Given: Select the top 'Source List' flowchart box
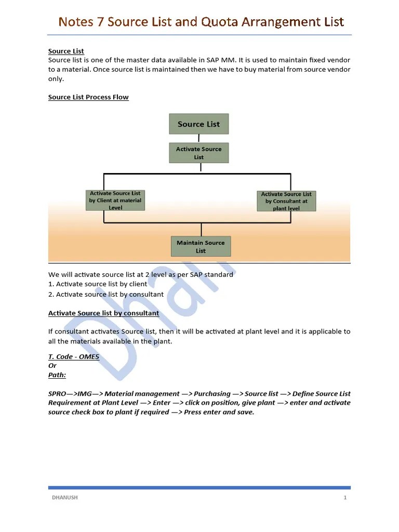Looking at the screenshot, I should [x=198, y=124].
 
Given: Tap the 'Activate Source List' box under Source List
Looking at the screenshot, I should [x=198, y=153].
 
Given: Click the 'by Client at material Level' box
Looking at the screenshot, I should [x=115, y=200].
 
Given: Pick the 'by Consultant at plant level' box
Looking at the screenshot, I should [x=286, y=201].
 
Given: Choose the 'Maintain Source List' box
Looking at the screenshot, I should [x=201, y=246].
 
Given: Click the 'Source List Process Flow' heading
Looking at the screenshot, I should [x=88, y=97].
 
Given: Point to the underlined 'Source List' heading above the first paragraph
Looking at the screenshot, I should [x=66, y=51].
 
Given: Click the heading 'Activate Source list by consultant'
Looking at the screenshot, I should [x=103, y=313].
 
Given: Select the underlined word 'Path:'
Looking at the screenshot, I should [x=57, y=375].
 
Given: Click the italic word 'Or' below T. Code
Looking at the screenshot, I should [x=52, y=366].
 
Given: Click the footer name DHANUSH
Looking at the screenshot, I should [x=64, y=498].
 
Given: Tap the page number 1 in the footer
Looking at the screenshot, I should [x=345, y=498].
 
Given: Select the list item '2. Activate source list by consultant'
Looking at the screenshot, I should [x=106, y=294].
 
